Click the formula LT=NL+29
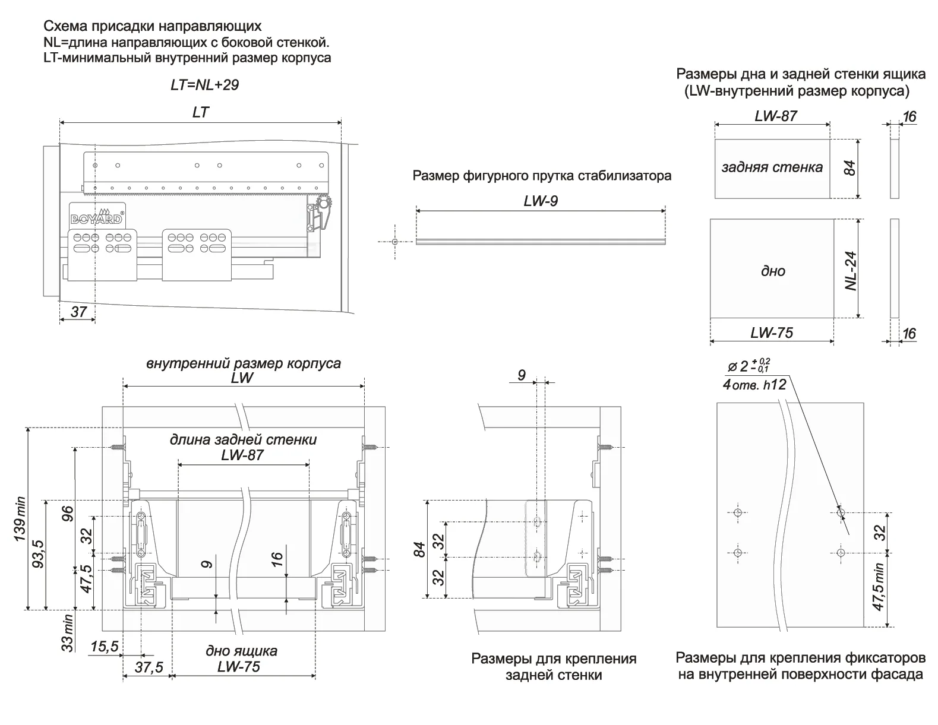point(204,85)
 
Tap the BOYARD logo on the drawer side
point(97,217)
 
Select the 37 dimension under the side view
point(78,311)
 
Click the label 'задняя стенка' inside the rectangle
point(772,167)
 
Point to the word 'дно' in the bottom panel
point(773,271)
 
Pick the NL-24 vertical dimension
point(851,270)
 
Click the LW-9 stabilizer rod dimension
point(541,201)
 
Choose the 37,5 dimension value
point(149,667)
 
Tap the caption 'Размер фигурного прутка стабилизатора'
point(542,176)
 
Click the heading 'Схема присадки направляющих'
point(152,27)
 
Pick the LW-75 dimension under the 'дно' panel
point(771,333)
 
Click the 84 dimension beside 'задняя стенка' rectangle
point(850,168)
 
